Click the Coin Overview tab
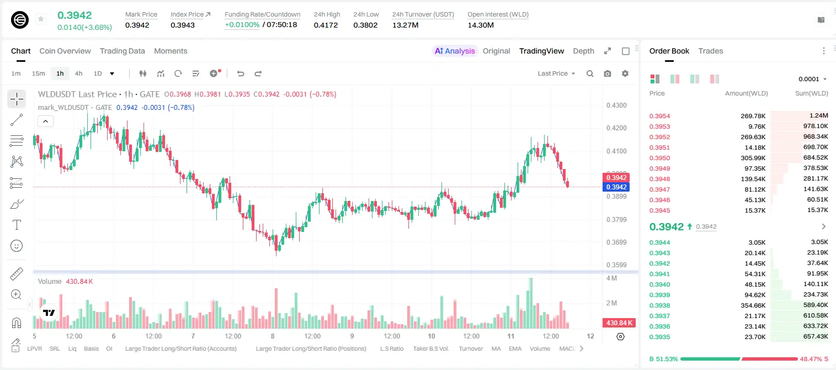click(65, 51)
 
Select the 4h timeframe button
click(78, 73)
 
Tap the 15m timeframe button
click(39, 73)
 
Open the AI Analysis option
click(455, 51)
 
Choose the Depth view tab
click(583, 51)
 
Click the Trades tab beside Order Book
click(711, 51)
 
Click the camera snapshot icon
click(608, 73)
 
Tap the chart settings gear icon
click(625, 73)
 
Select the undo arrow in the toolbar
click(241, 73)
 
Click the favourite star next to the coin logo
click(41, 19)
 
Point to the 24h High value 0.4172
click(326, 25)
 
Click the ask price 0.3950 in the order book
click(659, 158)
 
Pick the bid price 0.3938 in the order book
click(659, 305)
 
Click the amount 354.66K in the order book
click(753, 305)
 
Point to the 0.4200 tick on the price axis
click(616, 128)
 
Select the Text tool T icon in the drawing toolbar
click(17, 225)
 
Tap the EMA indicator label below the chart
click(515, 348)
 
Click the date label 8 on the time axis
click(273, 336)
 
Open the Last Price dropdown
click(556, 73)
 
